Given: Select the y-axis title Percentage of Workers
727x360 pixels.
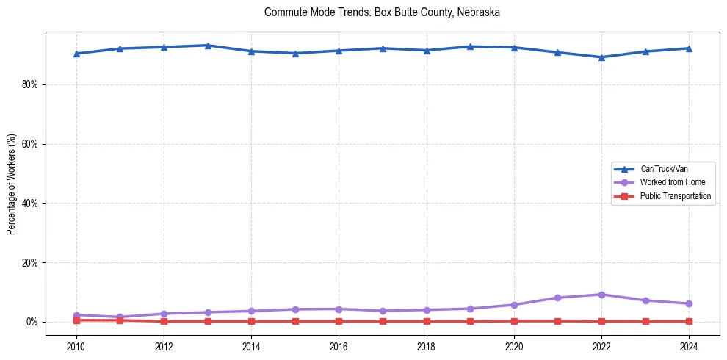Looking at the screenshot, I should pyautogui.click(x=12, y=184).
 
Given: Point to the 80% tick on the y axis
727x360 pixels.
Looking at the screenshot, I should pyautogui.click(x=29, y=84).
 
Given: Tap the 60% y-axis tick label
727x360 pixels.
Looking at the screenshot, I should pyautogui.click(x=29, y=144).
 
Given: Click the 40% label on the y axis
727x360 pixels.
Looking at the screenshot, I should pyautogui.click(x=29, y=204).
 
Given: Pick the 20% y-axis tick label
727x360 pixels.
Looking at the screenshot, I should pyautogui.click(x=29, y=263).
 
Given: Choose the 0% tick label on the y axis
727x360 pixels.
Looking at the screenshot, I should pyautogui.click(x=32, y=322).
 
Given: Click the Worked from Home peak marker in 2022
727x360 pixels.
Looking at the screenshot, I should pyautogui.click(x=601, y=295).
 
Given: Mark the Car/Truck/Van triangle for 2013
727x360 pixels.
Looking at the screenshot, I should pyautogui.click(x=208, y=46).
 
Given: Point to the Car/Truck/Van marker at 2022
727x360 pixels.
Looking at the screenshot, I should pyautogui.click(x=601, y=57).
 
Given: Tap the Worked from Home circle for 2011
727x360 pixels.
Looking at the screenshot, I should pyautogui.click(x=120, y=317).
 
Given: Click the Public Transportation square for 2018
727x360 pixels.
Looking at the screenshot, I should pyautogui.click(x=426, y=321).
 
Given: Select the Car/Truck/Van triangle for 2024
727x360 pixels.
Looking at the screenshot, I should pyautogui.click(x=689, y=48).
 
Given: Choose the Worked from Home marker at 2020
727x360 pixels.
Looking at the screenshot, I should pyautogui.click(x=514, y=305).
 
